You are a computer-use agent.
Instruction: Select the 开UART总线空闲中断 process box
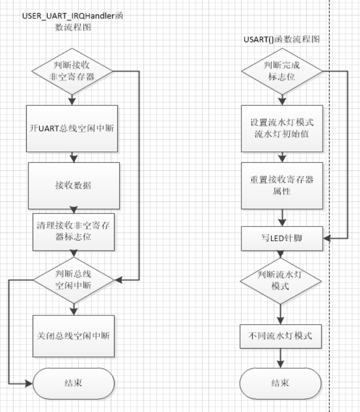tap(72, 127)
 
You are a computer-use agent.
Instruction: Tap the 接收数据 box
tap(74, 186)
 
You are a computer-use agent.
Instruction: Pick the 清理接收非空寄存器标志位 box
tap(74, 232)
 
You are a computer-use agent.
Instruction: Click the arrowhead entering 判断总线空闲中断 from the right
tap(118, 280)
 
